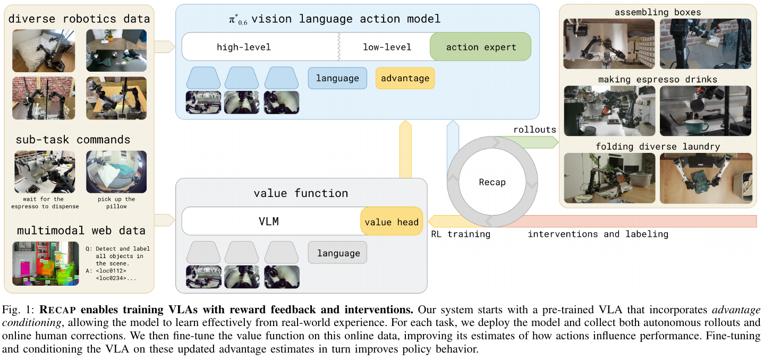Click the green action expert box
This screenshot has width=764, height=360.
pyautogui.click(x=480, y=47)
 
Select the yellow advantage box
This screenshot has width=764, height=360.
pyautogui.click(x=405, y=78)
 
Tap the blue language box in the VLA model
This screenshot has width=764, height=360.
pyautogui.click(x=337, y=78)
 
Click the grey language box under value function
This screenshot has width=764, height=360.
pyautogui.click(x=338, y=253)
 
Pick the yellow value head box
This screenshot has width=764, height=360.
pyautogui.click(x=392, y=221)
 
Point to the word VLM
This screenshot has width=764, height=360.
pyautogui.click(x=269, y=221)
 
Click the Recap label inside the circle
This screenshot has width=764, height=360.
pyautogui.click(x=492, y=182)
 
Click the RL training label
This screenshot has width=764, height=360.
pyautogui.click(x=460, y=234)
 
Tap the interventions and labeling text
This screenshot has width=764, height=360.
pyautogui.click(x=598, y=234)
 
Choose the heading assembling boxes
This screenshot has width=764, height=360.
pyautogui.click(x=657, y=12)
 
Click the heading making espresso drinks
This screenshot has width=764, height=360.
pyautogui.click(x=657, y=79)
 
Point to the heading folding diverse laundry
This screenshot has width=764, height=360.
pyautogui.click(x=657, y=146)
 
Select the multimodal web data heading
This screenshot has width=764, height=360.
pyautogui.click(x=81, y=230)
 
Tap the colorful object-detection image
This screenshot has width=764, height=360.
pyautogui.click(x=46, y=263)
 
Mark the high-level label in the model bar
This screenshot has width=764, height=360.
pyautogui.click(x=244, y=47)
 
